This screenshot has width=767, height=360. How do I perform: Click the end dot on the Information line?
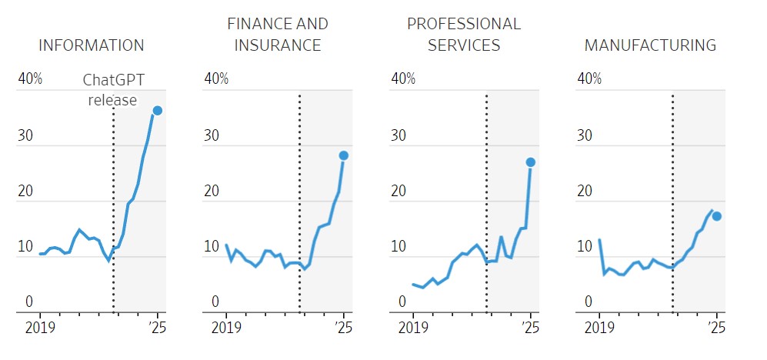coord(157,111)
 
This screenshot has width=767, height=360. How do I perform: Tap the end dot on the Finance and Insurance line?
coord(344,155)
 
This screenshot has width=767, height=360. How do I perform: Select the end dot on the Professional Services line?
coord(531,162)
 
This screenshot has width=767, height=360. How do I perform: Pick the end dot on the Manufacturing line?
coord(716,216)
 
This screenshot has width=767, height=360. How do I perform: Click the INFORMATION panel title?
coord(91,45)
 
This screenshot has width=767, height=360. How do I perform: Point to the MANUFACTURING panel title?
coord(650,45)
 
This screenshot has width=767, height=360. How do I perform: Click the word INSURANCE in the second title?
coord(278,45)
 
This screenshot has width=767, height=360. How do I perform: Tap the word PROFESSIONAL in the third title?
coord(464,24)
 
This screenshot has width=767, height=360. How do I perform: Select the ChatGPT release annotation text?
coord(112,90)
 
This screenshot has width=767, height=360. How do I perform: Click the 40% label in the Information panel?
coord(30,78)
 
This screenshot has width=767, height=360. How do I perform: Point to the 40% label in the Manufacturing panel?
coord(589,78)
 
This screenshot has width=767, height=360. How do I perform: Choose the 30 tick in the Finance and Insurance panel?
coord(212,135)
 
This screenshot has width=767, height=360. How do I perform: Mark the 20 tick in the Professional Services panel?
coord(399,192)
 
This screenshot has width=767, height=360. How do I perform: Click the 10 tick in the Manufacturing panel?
coord(585,247)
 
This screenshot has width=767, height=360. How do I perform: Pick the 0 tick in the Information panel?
coord(29,302)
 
